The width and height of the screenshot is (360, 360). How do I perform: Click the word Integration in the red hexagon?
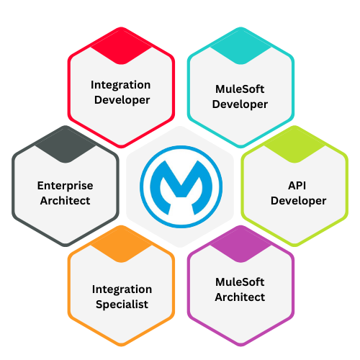(120, 86)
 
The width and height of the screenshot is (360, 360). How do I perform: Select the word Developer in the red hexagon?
(122, 100)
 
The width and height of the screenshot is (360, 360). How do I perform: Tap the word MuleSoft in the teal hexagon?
(240, 89)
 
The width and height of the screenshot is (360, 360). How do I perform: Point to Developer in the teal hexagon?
(240, 104)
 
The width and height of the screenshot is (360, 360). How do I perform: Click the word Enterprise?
(65, 186)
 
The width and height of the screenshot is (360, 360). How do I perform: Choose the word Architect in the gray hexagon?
(65, 201)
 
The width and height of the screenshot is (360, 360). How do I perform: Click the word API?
(297, 186)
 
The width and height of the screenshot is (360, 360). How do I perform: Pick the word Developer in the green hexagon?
(298, 201)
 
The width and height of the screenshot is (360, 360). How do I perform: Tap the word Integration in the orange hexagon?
(122, 290)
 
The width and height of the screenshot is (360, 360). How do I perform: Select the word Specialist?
(122, 305)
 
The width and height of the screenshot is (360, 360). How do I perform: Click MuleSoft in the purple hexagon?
(240, 282)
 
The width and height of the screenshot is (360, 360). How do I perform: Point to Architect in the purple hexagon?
(240, 297)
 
